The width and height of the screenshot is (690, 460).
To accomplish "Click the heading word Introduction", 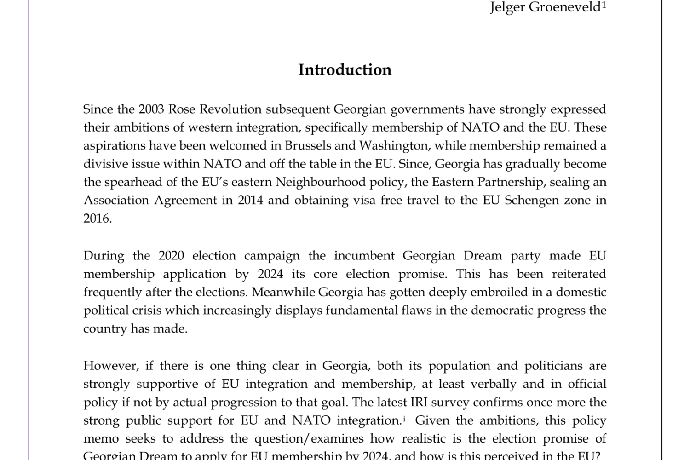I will pos(345,70).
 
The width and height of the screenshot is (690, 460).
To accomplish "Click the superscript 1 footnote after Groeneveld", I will pos(604,5).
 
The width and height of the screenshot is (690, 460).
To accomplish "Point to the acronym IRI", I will pos(415,402).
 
